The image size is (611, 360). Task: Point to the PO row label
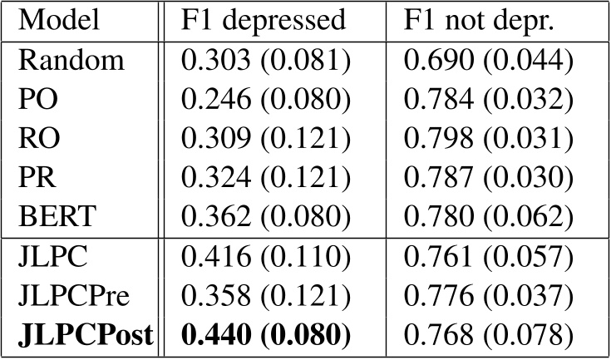[37, 101]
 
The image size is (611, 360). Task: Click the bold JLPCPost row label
[84, 336]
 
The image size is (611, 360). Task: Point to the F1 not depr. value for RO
[489, 139]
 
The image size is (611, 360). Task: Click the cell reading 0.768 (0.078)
[489, 336]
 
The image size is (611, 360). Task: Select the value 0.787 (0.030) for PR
[489, 177]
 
